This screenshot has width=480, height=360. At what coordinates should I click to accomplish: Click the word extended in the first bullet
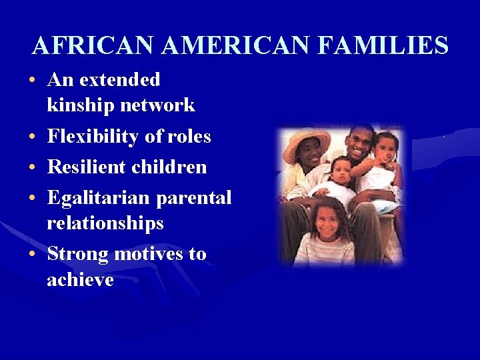pos(119,80)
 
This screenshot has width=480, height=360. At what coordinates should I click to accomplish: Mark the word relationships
pos(105,223)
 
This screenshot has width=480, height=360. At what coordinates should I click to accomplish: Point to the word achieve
pos(80,280)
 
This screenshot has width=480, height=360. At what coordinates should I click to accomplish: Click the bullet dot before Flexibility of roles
pos(33,137)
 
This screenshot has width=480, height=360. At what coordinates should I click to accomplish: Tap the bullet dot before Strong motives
pos(33,255)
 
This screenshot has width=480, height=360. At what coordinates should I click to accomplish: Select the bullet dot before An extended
pos(33,81)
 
